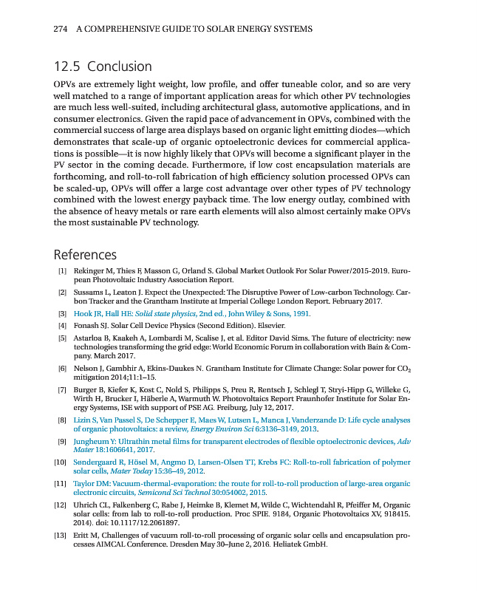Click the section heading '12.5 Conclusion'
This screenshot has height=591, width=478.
(x=103, y=66)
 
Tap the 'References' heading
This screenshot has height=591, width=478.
(x=85, y=255)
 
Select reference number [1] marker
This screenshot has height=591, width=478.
(x=62, y=271)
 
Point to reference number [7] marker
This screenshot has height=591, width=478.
(x=62, y=389)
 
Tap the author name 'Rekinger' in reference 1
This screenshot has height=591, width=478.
(x=92, y=271)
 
